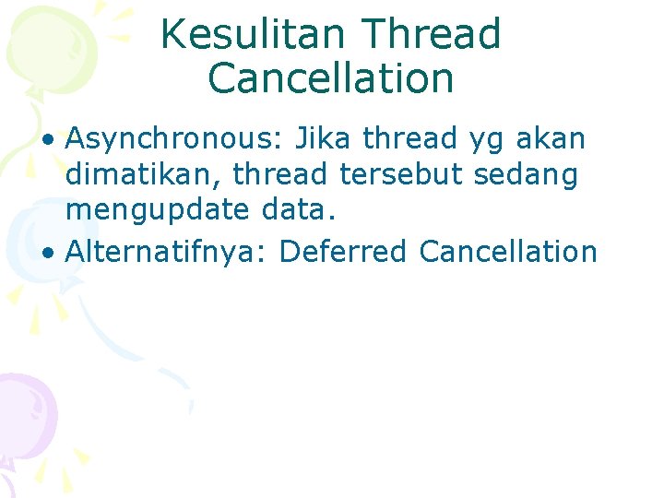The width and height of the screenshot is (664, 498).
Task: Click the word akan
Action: (x=552, y=140)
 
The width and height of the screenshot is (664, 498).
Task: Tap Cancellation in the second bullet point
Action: (x=508, y=251)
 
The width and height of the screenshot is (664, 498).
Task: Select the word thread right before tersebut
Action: (x=286, y=175)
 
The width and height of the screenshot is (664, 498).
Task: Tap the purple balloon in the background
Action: (x=23, y=410)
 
